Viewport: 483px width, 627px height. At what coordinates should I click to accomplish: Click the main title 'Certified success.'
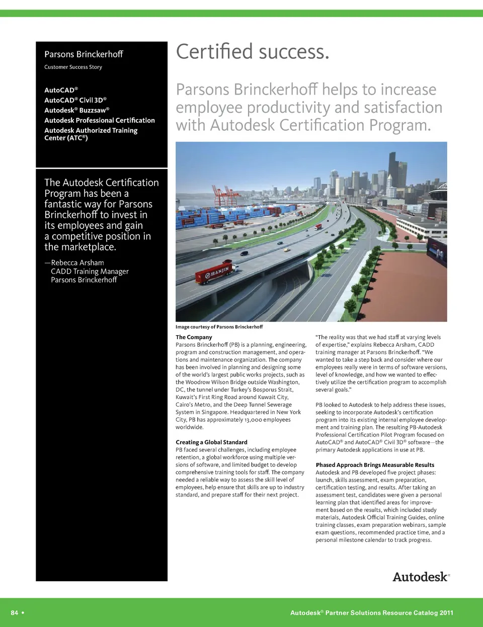pos(253,52)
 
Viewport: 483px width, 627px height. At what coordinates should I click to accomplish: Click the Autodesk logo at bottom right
pos(421,577)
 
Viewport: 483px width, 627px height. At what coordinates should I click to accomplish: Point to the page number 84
pos(15,612)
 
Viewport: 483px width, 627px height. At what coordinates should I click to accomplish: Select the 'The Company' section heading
pos(194,337)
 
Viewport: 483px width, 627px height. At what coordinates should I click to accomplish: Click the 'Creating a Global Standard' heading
pos(211,442)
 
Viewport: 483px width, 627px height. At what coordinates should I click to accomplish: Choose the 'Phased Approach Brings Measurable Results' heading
pos(375,465)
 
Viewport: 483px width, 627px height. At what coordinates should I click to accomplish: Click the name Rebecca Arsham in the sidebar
pos(77,263)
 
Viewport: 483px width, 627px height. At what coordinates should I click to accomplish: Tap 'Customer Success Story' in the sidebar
pos(73,67)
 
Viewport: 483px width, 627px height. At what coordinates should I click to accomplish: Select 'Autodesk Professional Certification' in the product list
pos(100,120)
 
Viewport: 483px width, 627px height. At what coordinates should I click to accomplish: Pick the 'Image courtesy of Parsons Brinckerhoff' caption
pos(219,327)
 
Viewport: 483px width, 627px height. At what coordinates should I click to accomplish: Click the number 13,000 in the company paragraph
pos(253,420)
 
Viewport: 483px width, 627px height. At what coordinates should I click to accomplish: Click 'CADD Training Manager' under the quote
pos(90,272)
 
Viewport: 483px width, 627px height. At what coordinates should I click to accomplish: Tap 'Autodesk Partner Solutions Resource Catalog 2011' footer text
pos(372,613)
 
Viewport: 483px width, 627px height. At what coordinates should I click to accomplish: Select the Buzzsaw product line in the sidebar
pos(76,110)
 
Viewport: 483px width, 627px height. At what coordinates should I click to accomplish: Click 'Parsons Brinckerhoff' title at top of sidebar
pos(84,54)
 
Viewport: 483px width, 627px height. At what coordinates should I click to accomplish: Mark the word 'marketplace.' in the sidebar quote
pos(87,247)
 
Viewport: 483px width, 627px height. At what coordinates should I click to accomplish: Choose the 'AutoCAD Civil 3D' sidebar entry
pos(75,100)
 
